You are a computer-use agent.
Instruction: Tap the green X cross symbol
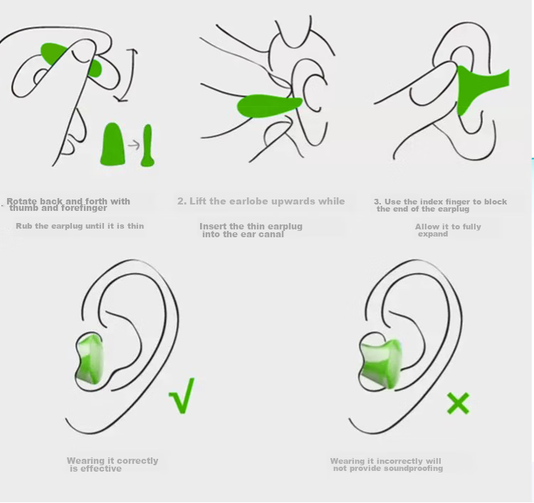coord(458,403)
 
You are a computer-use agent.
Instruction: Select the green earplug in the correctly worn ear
coord(90,358)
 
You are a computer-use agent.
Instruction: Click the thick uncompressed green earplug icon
coord(112,145)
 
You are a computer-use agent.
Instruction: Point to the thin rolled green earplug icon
coord(147,146)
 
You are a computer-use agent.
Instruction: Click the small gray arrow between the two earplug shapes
coord(134,145)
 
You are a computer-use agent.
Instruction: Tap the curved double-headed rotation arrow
coord(129,75)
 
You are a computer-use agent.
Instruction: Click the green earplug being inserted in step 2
coord(269,105)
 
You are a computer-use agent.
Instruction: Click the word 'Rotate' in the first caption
coord(21,201)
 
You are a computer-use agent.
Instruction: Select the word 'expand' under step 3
coord(433,234)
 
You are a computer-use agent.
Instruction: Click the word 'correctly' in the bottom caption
coord(137,461)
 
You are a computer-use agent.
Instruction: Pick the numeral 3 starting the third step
coord(377,202)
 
